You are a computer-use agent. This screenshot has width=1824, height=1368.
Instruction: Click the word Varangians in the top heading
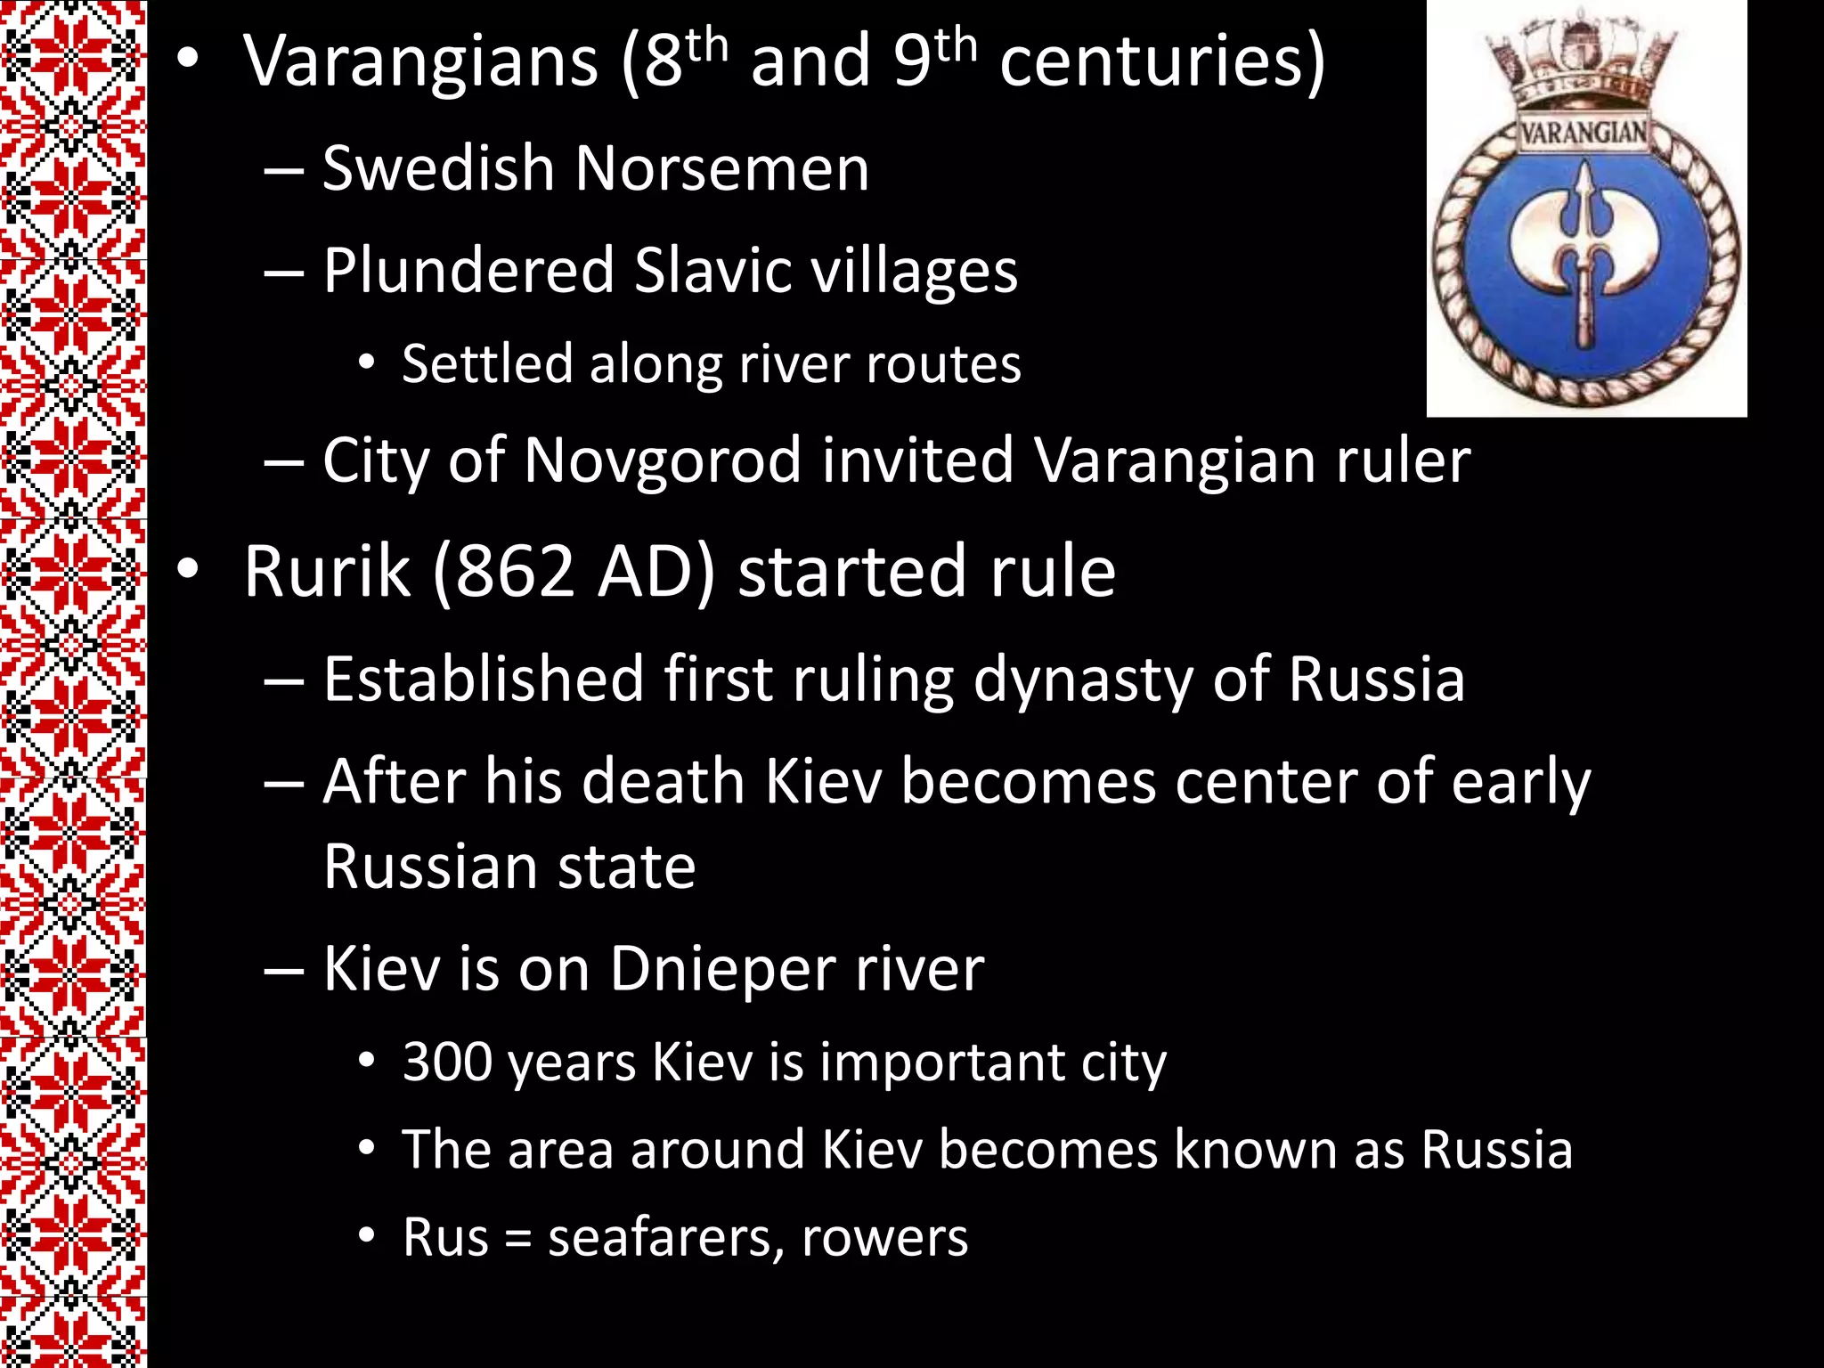tap(420, 62)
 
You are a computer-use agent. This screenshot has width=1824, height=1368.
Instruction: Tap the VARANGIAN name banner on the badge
tap(1584, 134)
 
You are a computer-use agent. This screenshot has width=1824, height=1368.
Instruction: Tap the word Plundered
tap(468, 271)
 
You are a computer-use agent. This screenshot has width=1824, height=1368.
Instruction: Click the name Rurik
tap(327, 572)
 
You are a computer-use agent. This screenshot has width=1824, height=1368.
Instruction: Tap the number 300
tap(445, 1063)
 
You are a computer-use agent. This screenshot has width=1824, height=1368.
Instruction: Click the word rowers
tap(884, 1239)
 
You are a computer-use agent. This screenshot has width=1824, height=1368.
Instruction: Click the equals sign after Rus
tap(518, 1239)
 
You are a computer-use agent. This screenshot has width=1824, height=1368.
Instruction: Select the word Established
tap(484, 680)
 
